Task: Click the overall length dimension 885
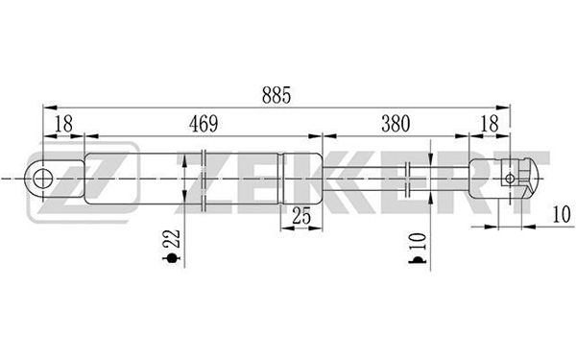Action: coord(276,95)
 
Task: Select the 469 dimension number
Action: coord(204,124)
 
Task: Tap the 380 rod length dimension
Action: coord(396,124)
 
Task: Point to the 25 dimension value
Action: coord(301,216)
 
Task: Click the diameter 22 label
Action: coord(172,239)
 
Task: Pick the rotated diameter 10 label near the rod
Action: coord(418,242)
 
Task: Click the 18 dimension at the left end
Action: coord(64,124)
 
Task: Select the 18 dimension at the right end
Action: coord(490,124)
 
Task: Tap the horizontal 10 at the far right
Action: coord(562,214)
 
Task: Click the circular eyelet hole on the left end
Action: coord(43,179)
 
